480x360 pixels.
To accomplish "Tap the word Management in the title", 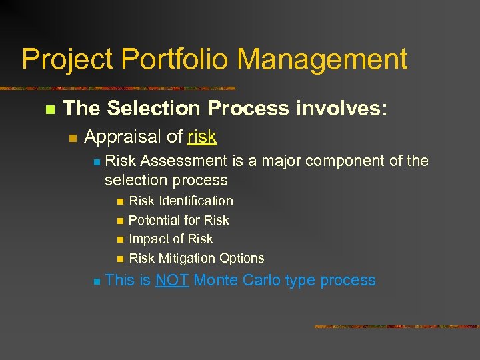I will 322,59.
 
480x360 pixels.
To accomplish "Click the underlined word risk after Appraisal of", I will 202,137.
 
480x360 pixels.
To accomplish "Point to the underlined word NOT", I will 173,280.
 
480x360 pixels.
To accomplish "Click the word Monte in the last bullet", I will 216,280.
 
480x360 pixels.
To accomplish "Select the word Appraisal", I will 123,137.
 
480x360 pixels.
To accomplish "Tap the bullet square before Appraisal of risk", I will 73,138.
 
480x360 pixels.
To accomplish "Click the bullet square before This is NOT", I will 96,281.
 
